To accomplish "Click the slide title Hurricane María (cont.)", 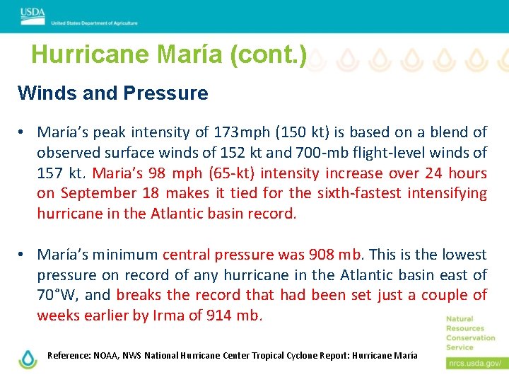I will click(169, 55).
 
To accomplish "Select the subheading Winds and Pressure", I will click(113, 93).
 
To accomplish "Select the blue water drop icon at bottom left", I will click(28, 359).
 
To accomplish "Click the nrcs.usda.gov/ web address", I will click(474, 364).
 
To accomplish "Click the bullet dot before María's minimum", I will click(23, 255).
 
